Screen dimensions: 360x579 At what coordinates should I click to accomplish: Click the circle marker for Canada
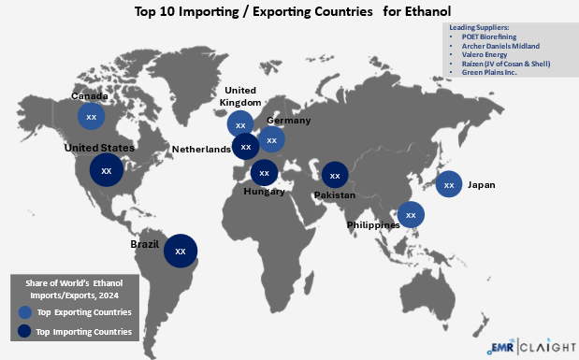coord(91,117)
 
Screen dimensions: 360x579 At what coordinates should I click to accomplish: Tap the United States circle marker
coord(106,171)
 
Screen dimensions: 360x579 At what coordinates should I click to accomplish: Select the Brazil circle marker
coord(181,251)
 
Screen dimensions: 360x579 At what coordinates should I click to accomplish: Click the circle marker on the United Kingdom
coord(240,124)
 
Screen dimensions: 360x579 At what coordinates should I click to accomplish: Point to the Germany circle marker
coord(271,140)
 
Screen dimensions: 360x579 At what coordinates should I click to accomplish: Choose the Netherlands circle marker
coord(246,147)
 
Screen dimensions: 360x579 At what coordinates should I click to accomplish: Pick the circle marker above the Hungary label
coord(265,173)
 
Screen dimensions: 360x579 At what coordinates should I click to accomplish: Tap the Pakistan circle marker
coord(335,175)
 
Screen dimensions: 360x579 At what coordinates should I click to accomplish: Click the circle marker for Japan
coord(449,185)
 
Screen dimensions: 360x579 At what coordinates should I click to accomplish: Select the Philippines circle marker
coord(410,215)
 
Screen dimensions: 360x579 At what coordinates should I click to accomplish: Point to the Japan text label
coord(481,185)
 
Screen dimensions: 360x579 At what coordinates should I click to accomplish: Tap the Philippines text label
coord(373,225)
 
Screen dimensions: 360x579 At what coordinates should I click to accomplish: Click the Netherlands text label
coord(201,149)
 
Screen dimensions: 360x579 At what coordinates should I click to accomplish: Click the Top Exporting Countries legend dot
coord(23,312)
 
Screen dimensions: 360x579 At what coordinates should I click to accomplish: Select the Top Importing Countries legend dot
coord(23,331)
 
